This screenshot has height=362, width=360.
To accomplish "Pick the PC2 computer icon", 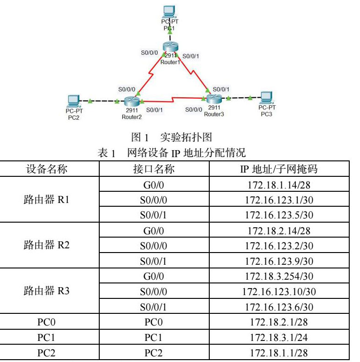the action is click(x=74, y=100).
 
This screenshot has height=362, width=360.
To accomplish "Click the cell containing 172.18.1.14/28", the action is click(x=279, y=185).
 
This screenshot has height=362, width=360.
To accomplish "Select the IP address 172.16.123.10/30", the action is click(x=279, y=292).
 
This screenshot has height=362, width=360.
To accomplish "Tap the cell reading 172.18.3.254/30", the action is click(x=279, y=276).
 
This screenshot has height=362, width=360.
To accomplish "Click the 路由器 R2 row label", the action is click(x=46, y=245).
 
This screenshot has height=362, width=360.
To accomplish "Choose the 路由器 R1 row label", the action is click(x=46, y=200).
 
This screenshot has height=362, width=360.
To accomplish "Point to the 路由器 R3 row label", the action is click(x=46, y=291).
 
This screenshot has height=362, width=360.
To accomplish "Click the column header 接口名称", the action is click(x=154, y=169).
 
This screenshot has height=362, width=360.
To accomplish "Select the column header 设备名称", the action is click(x=46, y=169).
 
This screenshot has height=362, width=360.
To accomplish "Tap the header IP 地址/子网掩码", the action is click(x=279, y=169).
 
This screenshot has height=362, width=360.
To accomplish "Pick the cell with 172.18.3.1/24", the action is click(x=279, y=337).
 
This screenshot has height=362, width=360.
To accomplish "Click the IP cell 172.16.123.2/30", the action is click(x=279, y=246).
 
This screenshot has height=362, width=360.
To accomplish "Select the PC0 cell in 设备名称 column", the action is click(x=46, y=322).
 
